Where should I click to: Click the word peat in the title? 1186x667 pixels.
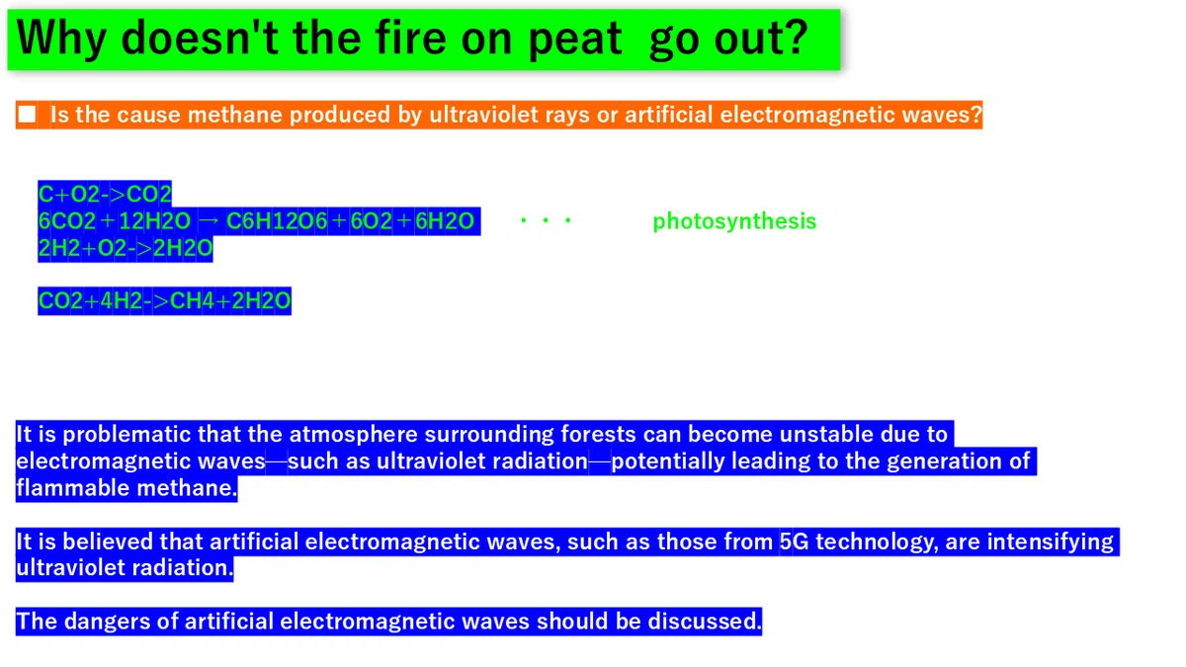(x=575, y=40)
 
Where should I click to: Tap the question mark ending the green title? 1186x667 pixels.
(x=793, y=37)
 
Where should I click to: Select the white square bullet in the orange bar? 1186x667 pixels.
(x=27, y=115)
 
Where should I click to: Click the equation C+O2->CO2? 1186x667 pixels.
(x=105, y=195)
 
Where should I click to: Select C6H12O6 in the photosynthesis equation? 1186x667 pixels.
(x=277, y=220)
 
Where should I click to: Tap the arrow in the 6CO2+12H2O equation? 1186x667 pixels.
(x=209, y=220)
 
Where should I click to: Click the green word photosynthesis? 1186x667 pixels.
(x=734, y=221)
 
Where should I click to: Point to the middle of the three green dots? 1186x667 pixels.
(x=546, y=220)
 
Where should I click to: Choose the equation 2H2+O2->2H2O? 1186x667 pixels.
(x=126, y=248)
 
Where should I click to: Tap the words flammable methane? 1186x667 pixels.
(x=127, y=487)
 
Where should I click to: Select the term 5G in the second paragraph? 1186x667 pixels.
(x=795, y=542)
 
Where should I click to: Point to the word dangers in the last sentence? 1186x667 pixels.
(x=108, y=622)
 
